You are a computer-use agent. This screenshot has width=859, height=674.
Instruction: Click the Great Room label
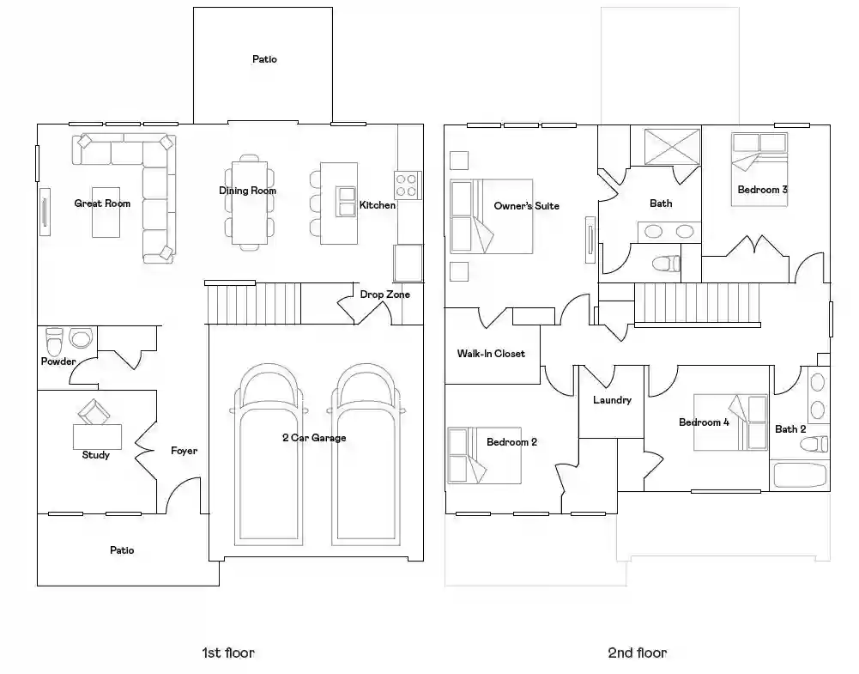coord(102,203)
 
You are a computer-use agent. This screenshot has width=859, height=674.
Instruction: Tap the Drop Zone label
coord(384,294)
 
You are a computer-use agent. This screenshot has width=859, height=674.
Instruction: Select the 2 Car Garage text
coord(314,438)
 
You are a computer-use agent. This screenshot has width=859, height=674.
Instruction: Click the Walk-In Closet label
coord(491,354)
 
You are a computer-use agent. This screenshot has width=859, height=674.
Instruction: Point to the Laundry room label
coord(612,400)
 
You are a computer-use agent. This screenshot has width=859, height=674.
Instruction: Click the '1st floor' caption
coord(228,653)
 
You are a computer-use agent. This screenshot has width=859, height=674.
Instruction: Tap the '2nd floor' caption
coord(637,653)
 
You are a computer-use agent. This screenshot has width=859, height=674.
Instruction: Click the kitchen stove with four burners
coord(408,185)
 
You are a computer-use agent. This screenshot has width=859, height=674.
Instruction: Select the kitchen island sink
coord(347,202)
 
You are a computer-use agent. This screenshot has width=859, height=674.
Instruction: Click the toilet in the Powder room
coord(54,342)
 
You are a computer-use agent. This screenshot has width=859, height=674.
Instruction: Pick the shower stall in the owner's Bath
coord(672,146)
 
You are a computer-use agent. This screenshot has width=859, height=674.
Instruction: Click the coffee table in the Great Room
coord(106,213)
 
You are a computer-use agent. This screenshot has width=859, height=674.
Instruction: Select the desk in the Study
coord(98,437)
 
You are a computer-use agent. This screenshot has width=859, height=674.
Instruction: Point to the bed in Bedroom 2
coord(484,455)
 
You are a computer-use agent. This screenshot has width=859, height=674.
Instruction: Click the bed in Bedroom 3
coord(759,169)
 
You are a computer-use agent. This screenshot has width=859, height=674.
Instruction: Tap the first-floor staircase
coord(254,303)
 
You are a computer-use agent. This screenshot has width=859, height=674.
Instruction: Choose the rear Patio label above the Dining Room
coord(264,59)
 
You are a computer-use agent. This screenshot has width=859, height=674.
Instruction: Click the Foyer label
coord(184,451)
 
